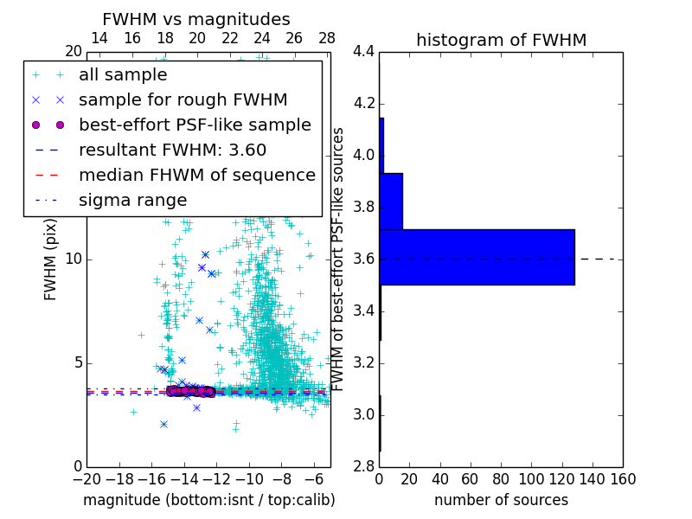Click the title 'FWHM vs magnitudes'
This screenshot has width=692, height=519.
point(196,20)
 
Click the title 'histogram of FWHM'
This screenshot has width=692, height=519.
point(501,40)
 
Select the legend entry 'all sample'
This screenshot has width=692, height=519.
point(123,75)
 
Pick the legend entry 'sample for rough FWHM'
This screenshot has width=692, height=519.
point(183,99)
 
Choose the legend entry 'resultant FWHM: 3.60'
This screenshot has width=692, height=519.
point(172,150)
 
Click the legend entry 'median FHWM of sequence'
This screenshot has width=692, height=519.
point(196,175)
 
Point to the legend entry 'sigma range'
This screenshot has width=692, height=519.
point(132,200)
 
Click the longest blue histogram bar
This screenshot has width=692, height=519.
point(477,257)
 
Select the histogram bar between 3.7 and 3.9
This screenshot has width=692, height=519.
point(391,201)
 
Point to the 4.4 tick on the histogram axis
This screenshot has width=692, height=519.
point(364,52)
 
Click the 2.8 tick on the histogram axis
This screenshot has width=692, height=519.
point(364,466)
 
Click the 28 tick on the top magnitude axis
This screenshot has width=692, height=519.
point(326,38)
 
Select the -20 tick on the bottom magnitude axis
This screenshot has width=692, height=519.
point(86,479)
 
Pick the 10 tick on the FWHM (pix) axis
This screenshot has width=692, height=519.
point(74,259)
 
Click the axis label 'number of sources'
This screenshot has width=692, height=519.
point(501,500)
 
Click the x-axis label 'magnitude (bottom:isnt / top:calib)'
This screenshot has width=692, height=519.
point(208,500)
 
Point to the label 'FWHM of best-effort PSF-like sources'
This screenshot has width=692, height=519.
point(339,259)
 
